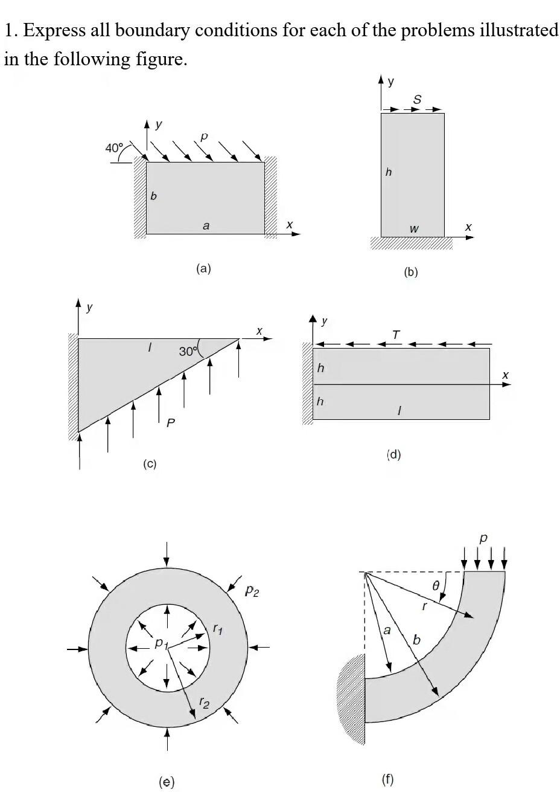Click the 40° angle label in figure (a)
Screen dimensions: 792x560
coord(113,147)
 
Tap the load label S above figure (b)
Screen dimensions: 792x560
coord(417,98)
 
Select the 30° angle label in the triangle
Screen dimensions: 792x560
coord(187,351)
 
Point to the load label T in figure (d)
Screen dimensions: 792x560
coord(396,334)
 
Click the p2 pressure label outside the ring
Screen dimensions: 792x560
coord(252,591)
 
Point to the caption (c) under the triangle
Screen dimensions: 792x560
coord(150,464)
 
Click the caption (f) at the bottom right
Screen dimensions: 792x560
coord(388,779)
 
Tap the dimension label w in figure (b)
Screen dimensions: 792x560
coord(413,229)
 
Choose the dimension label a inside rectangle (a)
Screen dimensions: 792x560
coord(206,225)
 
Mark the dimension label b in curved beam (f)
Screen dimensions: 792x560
coord(417,639)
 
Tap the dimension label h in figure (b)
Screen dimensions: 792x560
coord(388,173)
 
